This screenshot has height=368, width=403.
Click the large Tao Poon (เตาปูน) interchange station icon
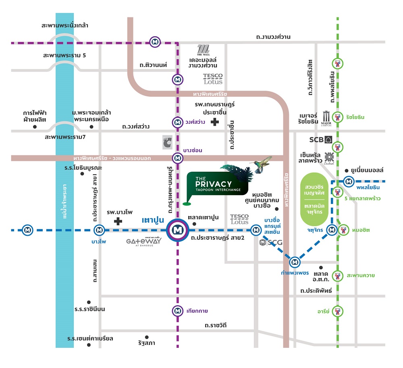point(177,230)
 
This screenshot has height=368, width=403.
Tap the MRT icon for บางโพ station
point(99,230)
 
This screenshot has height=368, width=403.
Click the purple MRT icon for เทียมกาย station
point(177,311)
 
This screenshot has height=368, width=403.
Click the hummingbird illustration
point(262,162)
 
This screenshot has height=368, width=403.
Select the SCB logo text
point(317,140)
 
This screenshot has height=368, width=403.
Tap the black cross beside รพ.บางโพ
point(118,221)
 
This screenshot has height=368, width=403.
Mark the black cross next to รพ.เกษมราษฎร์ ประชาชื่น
point(216,121)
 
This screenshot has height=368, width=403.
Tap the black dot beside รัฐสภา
point(147,337)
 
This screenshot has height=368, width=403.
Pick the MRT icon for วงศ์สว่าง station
point(177,121)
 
